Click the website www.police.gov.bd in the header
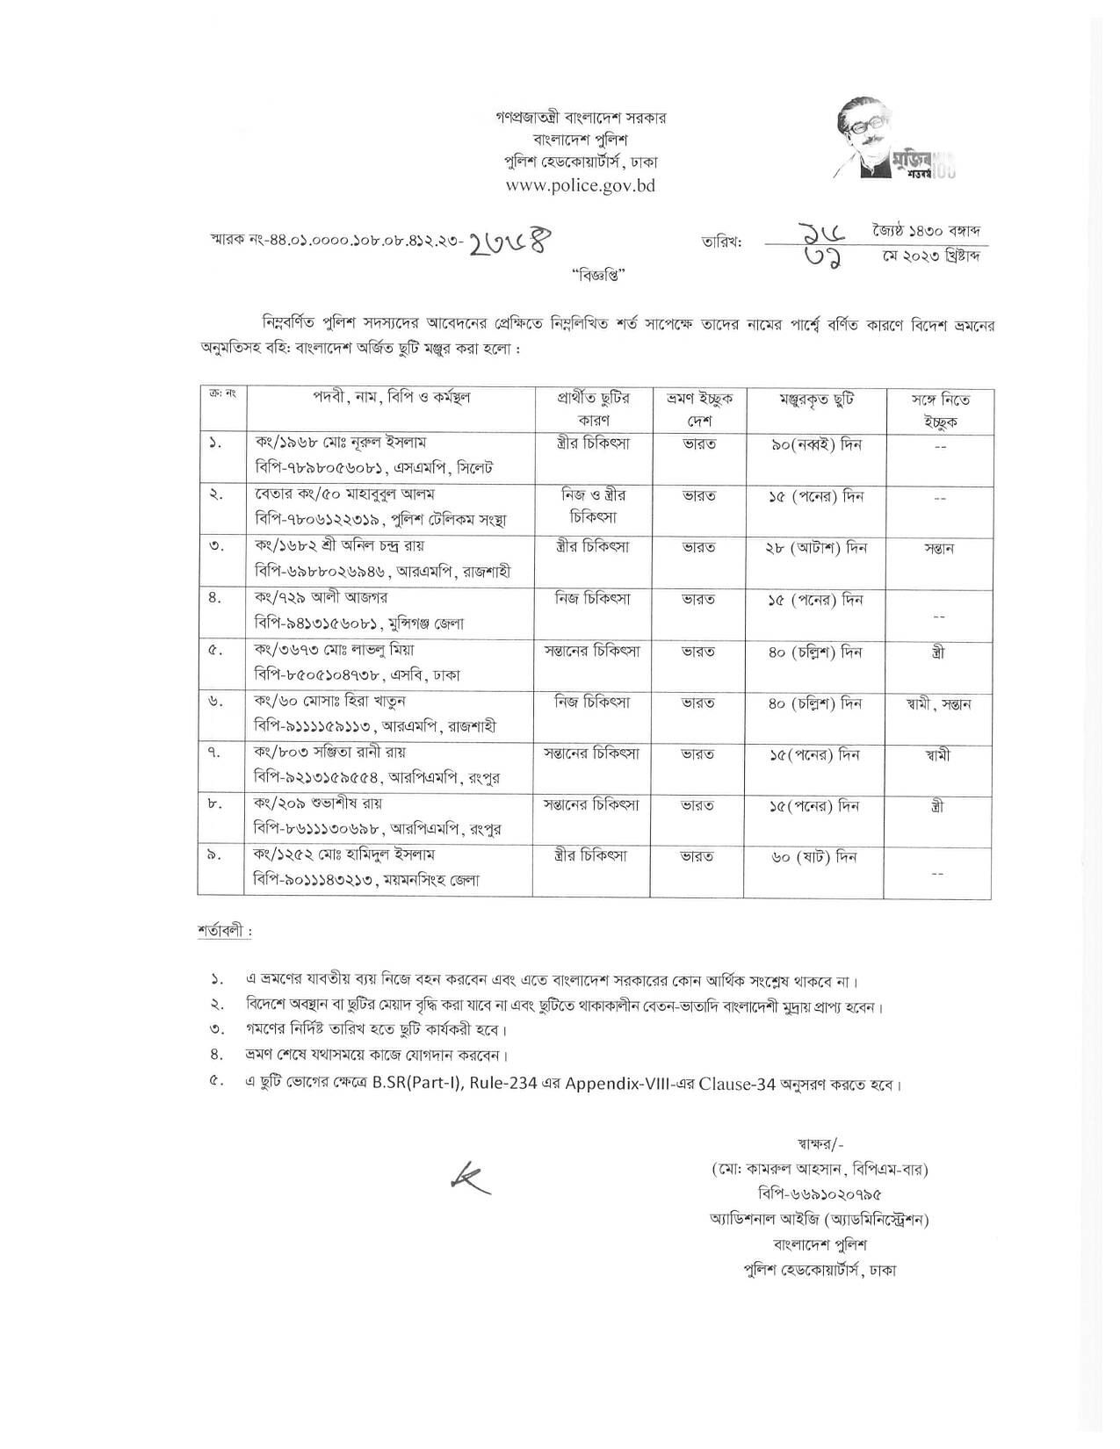click(x=580, y=186)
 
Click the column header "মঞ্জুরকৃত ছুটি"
click(x=816, y=400)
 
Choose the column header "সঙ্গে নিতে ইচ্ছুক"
click(x=939, y=410)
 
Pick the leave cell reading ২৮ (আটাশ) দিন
click(x=816, y=548)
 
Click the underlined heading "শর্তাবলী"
click(x=224, y=931)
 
